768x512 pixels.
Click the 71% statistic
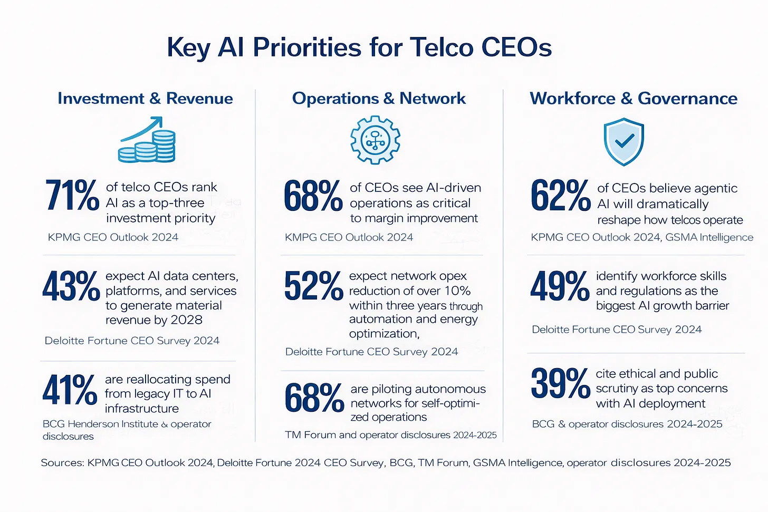[x=72, y=195]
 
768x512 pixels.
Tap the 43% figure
[x=71, y=286]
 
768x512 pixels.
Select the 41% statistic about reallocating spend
[x=70, y=390]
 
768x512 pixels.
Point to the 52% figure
[x=313, y=286]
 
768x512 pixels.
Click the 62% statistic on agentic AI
[x=560, y=196]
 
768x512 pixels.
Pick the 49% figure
[x=560, y=286]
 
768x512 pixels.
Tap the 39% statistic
[x=560, y=383]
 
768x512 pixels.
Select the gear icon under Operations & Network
[x=375, y=140]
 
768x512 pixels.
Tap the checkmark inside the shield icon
[x=624, y=140]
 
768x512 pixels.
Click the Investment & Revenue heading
[x=145, y=99]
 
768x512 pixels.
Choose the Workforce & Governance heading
[x=633, y=99]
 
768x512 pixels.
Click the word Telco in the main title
[x=441, y=47]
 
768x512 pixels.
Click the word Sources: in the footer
[x=62, y=463]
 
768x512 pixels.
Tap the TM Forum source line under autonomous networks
[x=391, y=435]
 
